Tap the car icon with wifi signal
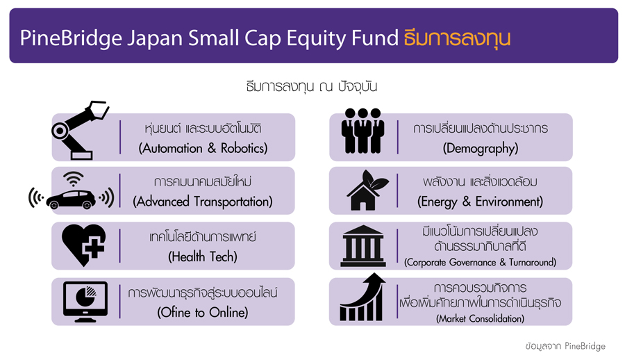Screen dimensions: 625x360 pos(72,192)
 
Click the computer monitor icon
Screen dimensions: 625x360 pos(85,302)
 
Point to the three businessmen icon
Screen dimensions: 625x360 pos(362,131)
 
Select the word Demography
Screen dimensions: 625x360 pos(481,149)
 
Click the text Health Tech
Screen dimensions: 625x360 pos(203,256)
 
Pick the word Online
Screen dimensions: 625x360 pos(228,312)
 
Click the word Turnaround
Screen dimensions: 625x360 pos(532,262)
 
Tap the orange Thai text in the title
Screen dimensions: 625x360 pos(457,38)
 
